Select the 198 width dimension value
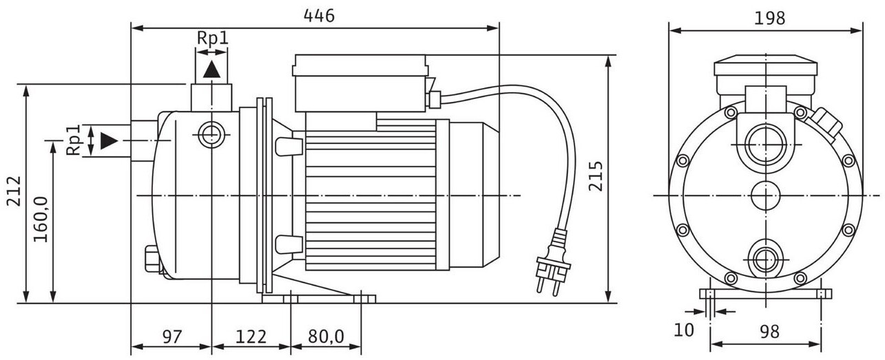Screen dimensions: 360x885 (x=769, y=19)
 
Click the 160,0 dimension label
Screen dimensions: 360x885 (x=41, y=220)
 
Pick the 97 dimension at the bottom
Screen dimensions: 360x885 (x=171, y=337)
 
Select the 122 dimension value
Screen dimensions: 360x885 (x=251, y=337)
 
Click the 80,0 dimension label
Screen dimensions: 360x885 (x=325, y=337)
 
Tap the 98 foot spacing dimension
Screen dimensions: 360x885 (x=769, y=331)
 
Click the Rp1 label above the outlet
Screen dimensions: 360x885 (x=212, y=39)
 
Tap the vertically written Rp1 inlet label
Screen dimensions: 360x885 (x=74, y=140)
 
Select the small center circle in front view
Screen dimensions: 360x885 (x=764, y=195)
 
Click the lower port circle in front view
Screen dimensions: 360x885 (x=764, y=259)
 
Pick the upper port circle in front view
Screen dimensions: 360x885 (x=764, y=145)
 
